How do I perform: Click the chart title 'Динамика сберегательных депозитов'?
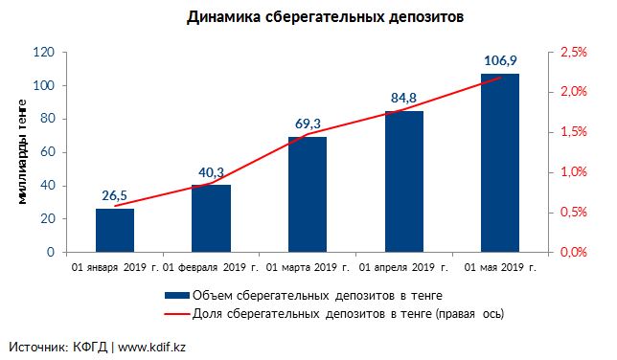pyautogui.click(x=325, y=17)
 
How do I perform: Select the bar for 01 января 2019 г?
pyautogui.click(x=115, y=230)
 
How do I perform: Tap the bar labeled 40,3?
pyautogui.click(x=212, y=218)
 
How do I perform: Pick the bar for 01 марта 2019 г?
pyautogui.click(x=308, y=194)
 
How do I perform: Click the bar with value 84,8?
pyautogui.click(x=404, y=181)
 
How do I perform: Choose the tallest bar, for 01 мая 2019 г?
pyautogui.click(x=500, y=163)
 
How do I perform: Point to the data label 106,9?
pyautogui.click(x=500, y=60)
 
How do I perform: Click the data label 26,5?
pyautogui.click(x=115, y=195)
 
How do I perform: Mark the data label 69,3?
pyautogui.click(x=308, y=124)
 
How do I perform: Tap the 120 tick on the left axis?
pyautogui.click(x=44, y=52)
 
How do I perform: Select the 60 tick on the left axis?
pyautogui.click(x=47, y=152)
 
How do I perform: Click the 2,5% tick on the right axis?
pyautogui.click(x=573, y=52)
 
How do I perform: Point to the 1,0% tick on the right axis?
pyautogui.click(x=573, y=171)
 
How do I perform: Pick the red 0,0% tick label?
pyautogui.click(x=573, y=252)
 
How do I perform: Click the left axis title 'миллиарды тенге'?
pyautogui.click(x=22, y=152)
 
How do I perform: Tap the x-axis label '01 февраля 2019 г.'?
pyautogui.click(x=211, y=267)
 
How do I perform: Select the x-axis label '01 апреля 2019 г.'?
pyautogui.click(x=403, y=267)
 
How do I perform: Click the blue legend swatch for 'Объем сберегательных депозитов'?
pyautogui.click(x=177, y=296)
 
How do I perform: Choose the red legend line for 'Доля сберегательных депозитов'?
pyautogui.click(x=177, y=314)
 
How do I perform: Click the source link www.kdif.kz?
pyautogui.click(x=151, y=348)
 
